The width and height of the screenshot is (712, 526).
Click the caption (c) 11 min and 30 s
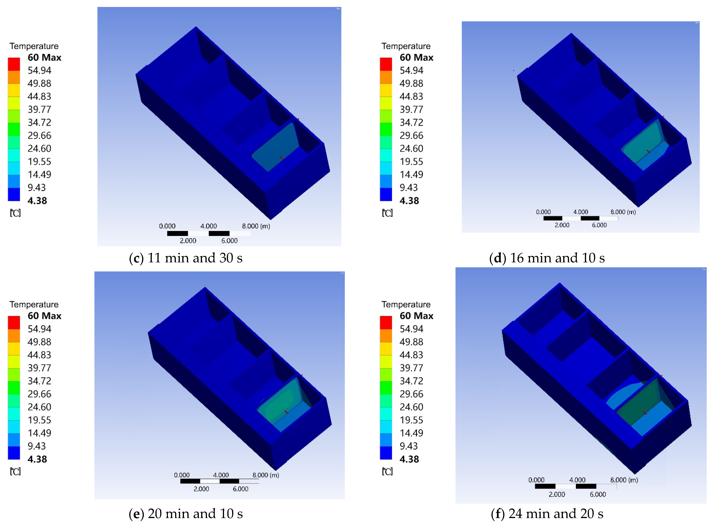[x=186, y=258]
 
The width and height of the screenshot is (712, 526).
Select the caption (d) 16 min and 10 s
[x=547, y=258]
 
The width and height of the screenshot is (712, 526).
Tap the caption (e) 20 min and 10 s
[x=186, y=514]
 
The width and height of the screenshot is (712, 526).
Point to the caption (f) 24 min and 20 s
[x=547, y=514]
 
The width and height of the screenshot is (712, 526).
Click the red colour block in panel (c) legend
[x=14, y=64]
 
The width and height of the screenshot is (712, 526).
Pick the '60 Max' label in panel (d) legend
[x=416, y=58]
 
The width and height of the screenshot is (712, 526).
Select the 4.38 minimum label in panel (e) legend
[x=37, y=459]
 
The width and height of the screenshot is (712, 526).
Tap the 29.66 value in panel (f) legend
[x=411, y=394]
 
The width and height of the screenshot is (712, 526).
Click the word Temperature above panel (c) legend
[x=34, y=46]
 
